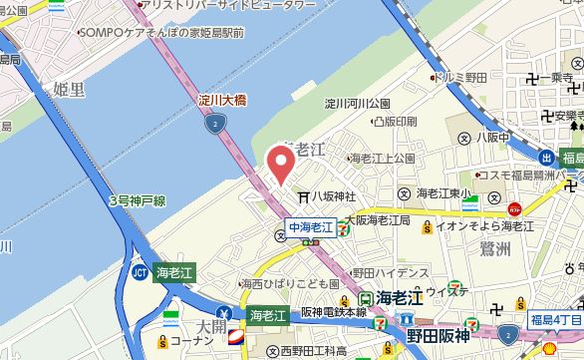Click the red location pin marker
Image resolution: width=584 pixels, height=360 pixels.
(281, 163)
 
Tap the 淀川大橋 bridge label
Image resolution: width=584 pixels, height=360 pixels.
(222, 101)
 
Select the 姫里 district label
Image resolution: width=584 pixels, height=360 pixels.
(68, 90)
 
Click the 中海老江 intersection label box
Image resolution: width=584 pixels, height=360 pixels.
(311, 226)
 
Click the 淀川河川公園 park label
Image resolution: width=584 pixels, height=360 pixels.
(357, 103)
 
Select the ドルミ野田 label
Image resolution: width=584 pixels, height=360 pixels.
(460, 76)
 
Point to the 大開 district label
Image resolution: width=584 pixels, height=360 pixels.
(210, 326)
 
